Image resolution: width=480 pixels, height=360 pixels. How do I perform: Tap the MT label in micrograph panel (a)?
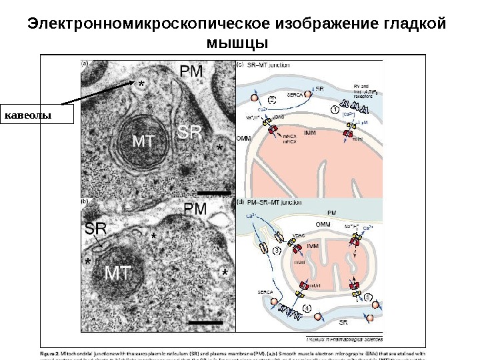tap(147, 141)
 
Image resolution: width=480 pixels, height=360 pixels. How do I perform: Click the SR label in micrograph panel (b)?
tap(95, 229)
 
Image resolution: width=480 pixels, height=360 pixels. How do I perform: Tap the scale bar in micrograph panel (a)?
tap(214, 193)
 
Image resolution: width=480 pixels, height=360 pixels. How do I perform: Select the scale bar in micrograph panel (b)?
tap(205, 323)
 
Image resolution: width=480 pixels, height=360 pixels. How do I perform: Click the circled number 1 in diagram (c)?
tap(335, 108)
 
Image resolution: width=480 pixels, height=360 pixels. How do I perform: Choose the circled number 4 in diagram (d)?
tap(307, 308)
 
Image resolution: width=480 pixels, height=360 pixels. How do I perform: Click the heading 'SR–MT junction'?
tap(269, 65)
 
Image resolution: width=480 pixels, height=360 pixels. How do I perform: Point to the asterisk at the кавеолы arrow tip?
tap(140, 85)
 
